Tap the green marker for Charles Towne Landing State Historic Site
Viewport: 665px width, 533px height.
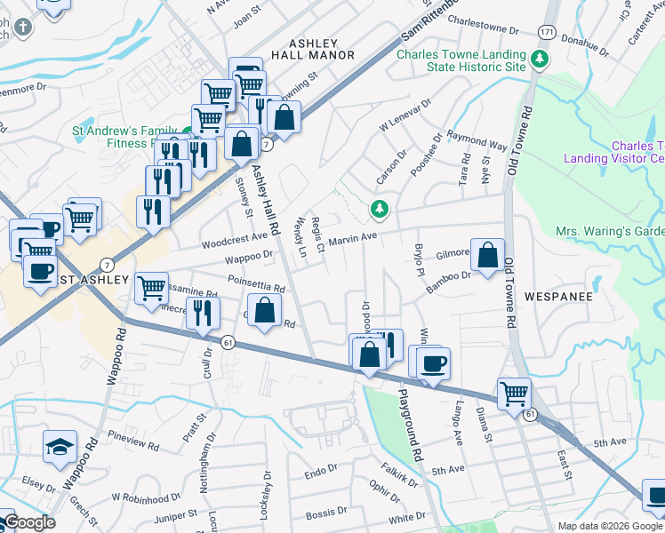538,60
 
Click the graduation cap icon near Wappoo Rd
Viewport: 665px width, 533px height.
60,447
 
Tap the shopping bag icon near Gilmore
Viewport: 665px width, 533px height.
487,255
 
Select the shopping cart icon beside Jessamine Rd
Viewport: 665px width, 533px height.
151,287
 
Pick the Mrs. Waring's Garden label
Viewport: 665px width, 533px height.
610,231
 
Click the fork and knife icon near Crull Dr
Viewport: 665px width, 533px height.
204,314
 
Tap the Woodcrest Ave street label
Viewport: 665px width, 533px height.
234,238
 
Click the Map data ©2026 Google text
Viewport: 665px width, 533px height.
609,526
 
